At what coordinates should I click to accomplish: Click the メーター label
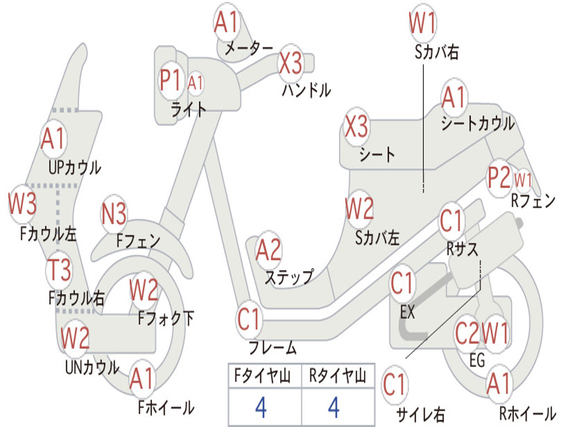[x=249, y=48]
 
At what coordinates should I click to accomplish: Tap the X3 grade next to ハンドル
[x=291, y=63]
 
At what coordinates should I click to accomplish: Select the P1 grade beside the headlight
[x=170, y=81]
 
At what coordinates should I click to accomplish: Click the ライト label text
[x=189, y=109]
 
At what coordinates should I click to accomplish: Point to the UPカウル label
[x=75, y=167]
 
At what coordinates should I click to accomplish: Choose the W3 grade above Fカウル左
[x=22, y=204]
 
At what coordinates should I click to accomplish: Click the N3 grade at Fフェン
[x=114, y=214]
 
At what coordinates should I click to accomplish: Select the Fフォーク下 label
[x=166, y=319]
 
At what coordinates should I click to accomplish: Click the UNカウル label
[x=92, y=368]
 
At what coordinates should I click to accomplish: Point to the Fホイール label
[x=166, y=408]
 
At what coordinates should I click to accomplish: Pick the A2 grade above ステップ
[x=268, y=250]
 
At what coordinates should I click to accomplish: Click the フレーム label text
[x=273, y=349]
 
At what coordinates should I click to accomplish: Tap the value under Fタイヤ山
[x=261, y=408]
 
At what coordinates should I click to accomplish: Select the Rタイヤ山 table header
[x=337, y=376]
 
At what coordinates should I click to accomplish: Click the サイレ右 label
[x=420, y=414]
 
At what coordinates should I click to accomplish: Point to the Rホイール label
[x=527, y=413]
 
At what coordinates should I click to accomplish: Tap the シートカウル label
[x=478, y=123]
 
